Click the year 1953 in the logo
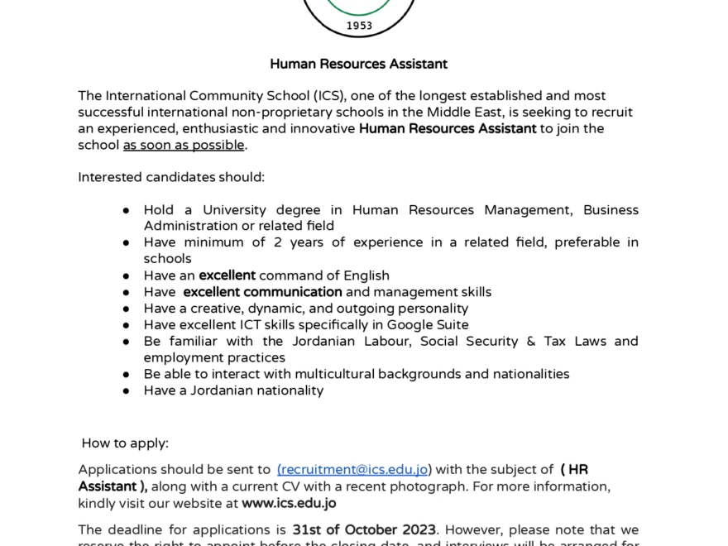359,26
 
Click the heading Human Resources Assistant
358,64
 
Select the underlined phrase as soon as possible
184,145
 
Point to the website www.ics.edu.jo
289,503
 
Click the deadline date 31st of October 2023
364,529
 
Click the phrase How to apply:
125,443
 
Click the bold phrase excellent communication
262,292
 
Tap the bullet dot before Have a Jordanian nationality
127,390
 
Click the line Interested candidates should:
171,177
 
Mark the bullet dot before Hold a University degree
127,210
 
